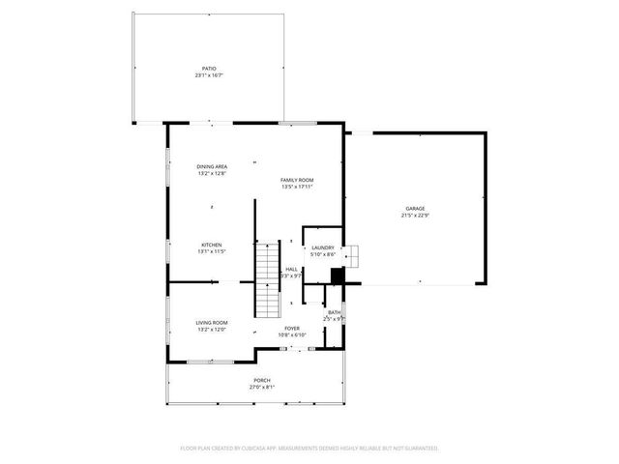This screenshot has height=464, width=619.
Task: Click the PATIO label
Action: [209, 69]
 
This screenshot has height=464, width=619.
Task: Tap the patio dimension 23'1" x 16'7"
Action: [209, 75]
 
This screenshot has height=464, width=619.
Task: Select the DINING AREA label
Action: [212, 166]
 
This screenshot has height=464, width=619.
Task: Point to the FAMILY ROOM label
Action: [297, 180]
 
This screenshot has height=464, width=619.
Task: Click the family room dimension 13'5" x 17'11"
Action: [297, 187]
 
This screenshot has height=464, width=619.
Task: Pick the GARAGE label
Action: [415, 209]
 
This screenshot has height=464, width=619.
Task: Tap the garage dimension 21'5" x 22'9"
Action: [415, 216]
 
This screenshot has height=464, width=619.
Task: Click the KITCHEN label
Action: [212, 245]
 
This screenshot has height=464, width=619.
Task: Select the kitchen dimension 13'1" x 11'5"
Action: [212, 251]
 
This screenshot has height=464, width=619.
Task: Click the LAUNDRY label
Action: [322, 247]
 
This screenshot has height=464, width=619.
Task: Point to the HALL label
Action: [291, 269]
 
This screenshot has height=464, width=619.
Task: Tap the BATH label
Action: [334, 311]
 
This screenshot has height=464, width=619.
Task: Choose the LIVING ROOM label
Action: [212, 323]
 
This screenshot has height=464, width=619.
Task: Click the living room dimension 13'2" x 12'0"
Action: [212, 330]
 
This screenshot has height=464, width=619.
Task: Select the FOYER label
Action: [291, 328]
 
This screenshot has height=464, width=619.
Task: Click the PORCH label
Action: [262, 380]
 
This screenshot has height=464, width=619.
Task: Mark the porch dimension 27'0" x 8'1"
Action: [262, 387]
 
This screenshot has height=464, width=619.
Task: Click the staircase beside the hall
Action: [267, 280]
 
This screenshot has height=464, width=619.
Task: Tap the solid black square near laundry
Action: [337, 275]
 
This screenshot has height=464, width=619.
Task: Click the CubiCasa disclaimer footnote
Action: [309, 448]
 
